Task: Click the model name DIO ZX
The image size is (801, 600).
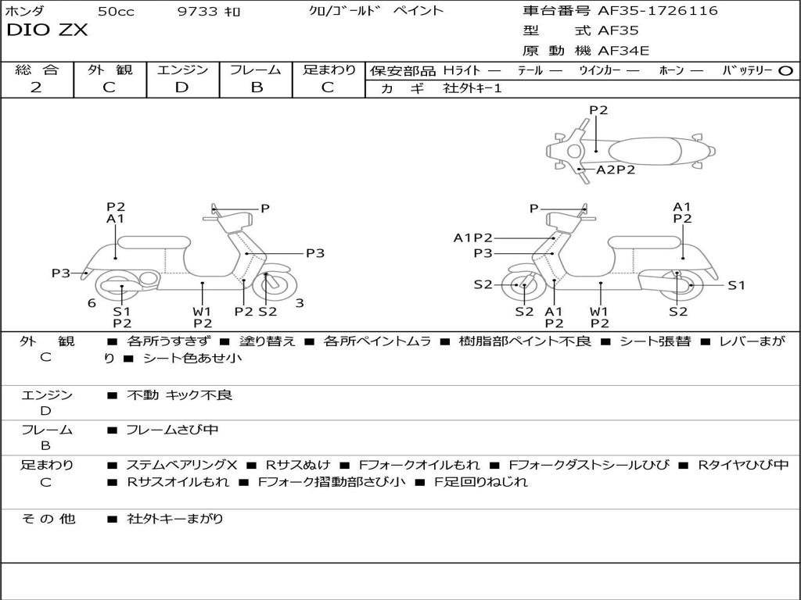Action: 47,30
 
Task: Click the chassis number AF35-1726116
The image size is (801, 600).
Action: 657,10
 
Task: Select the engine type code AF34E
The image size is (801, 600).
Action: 623,51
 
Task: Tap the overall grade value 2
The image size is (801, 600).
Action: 36,87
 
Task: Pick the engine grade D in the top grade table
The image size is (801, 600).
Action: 181,87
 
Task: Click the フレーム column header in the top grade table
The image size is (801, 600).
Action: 256,70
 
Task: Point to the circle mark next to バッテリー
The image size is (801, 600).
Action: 786,71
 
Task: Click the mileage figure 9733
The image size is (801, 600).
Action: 197,11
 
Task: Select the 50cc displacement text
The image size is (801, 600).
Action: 116,11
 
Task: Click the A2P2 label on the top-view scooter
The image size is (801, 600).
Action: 616,170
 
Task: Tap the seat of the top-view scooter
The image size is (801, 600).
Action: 645,152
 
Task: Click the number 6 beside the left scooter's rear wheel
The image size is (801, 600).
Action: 92,303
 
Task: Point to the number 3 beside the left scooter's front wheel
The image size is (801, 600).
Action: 300,303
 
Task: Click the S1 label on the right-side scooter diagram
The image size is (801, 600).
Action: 736,286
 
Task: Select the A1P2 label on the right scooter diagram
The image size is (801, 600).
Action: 473,237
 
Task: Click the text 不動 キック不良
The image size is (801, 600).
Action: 179,395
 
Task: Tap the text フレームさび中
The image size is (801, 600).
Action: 172,430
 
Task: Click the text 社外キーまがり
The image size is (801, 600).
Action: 174,519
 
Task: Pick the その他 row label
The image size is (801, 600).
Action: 48,519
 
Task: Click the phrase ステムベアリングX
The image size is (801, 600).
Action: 181,465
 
